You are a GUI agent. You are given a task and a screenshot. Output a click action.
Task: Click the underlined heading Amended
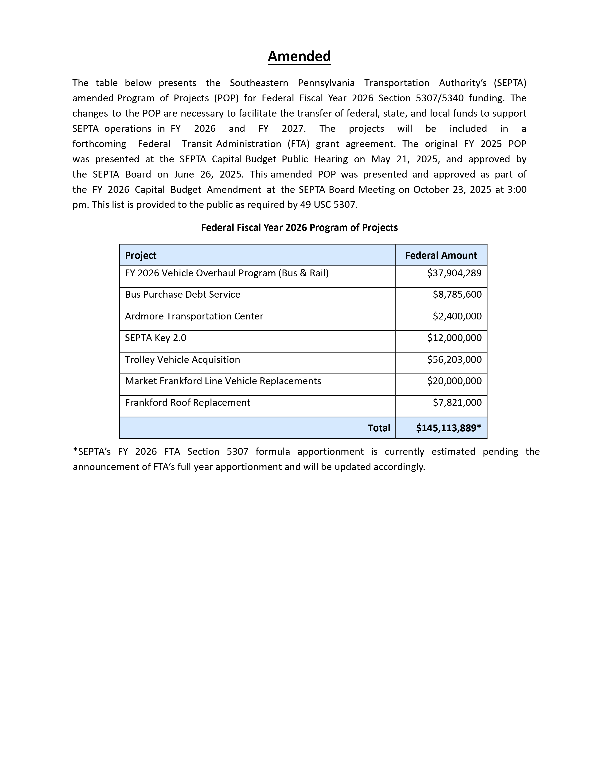point(299,56)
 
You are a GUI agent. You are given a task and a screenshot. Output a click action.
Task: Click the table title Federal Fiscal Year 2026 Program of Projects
point(299,228)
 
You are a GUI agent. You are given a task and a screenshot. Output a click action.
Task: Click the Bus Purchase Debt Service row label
point(182,295)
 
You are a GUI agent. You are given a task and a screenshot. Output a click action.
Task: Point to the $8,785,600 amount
point(457,295)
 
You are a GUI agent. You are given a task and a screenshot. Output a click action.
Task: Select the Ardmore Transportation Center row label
point(194,316)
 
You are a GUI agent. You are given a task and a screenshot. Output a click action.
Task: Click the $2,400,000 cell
point(457,316)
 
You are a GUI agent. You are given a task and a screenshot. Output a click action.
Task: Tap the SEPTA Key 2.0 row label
point(156,338)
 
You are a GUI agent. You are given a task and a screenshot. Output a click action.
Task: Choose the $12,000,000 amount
point(454,338)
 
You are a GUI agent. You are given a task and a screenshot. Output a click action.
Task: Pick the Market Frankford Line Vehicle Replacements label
point(223,381)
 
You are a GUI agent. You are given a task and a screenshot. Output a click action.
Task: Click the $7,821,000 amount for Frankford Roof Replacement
point(457,402)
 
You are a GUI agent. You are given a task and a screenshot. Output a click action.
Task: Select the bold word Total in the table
point(379,428)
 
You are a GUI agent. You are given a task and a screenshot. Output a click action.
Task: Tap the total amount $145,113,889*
point(448,428)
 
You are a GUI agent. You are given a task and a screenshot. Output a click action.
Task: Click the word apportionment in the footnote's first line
point(330,451)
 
